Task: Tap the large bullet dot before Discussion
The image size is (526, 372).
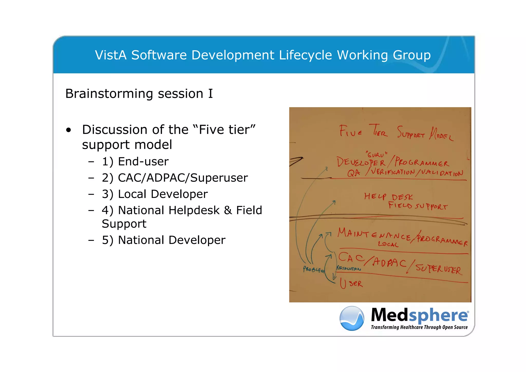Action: (x=68, y=130)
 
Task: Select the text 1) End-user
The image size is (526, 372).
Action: (x=135, y=162)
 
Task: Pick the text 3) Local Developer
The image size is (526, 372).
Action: (x=155, y=194)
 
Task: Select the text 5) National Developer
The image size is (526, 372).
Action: (x=163, y=240)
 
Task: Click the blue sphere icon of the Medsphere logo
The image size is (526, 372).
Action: (x=352, y=318)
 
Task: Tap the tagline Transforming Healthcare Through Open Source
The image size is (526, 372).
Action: (x=419, y=327)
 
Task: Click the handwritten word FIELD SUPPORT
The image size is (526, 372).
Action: (x=418, y=206)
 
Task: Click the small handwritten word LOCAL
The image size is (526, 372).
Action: (x=388, y=244)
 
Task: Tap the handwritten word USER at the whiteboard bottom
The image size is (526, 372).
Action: (x=351, y=284)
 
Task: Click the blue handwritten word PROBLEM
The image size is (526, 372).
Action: (x=314, y=269)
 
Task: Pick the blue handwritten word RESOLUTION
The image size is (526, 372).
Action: (x=349, y=268)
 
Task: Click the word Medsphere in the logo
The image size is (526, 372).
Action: (x=420, y=315)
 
